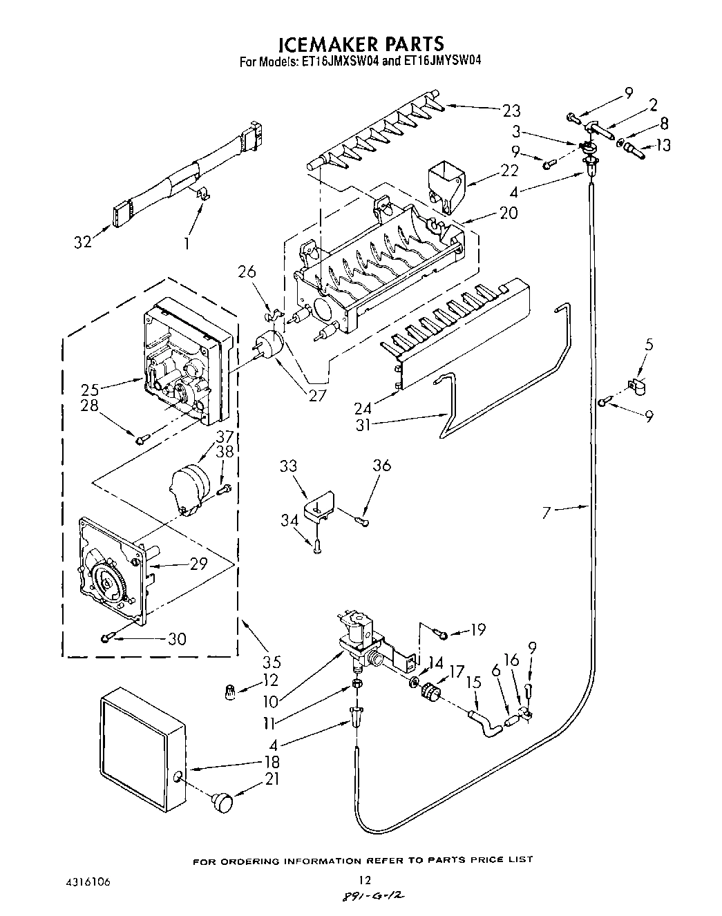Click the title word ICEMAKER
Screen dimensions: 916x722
[319, 44]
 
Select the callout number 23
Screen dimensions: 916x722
[511, 110]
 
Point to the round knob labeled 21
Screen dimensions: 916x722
[223, 802]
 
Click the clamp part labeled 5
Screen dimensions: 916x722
[636, 388]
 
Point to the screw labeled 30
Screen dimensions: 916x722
[107, 638]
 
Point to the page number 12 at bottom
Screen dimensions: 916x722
[365, 879]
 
